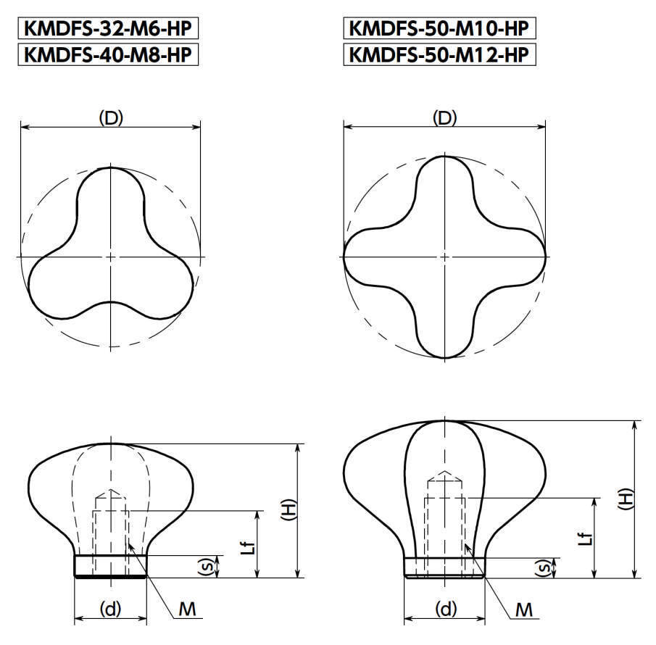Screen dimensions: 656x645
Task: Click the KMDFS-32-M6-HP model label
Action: click(x=108, y=28)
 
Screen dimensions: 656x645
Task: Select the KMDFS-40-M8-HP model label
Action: click(x=108, y=54)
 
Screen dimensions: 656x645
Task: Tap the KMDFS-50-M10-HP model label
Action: click(x=439, y=28)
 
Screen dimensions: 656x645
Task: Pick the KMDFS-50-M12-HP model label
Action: click(x=439, y=54)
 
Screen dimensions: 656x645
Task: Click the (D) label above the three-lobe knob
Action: click(x=111, y=118)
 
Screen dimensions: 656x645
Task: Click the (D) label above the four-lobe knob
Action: click(x=445, y=118)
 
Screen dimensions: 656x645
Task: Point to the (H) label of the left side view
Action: click(x=288, y=509)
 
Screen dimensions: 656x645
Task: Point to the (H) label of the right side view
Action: click(x=626, y=499)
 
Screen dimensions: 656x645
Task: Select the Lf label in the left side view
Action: click(x=249, y=548)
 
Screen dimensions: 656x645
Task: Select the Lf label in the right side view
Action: click(x=586, y=538)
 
